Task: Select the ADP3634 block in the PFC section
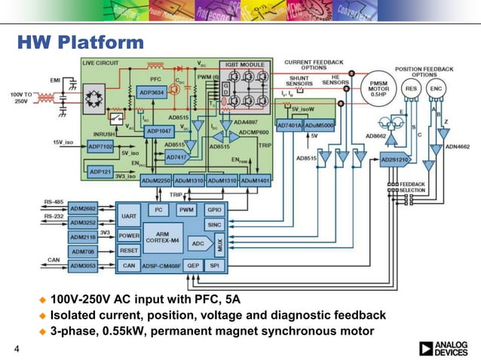[152, 92]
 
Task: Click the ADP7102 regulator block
[100, 146]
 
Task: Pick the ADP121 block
[100, 172]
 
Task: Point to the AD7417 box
[176, 157]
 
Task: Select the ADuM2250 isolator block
[156, 182]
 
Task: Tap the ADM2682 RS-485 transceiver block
[82, 207]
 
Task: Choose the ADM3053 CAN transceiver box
[82, 266]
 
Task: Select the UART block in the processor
[129, 215]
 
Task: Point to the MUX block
[219, 244]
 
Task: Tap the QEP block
[193, 265]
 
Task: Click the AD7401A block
[290, 124]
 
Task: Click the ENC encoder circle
[436, 88]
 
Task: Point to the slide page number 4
[16, 348]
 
